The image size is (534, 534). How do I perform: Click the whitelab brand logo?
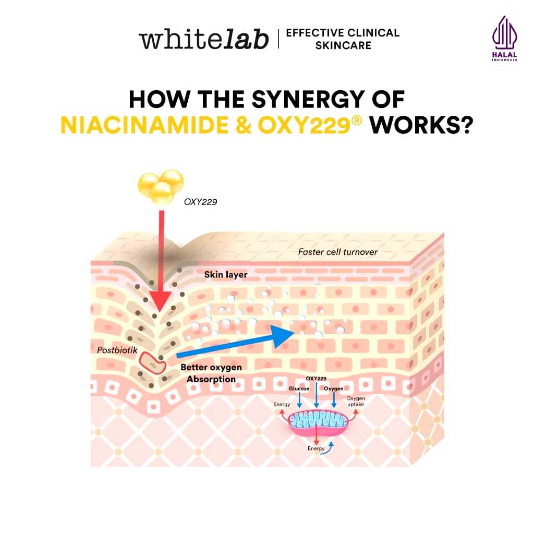click(x=204, y=39)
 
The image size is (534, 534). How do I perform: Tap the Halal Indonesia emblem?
click(x=504, y=38)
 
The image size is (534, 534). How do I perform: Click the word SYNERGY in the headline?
click(x=308, y=100)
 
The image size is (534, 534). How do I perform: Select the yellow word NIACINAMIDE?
click(x=144, y=125)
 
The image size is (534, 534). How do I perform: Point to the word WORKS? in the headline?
click(x=421, y=125)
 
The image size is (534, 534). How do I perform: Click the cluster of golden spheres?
click(x=161, y=187)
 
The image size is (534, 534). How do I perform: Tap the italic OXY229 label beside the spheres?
click(x=200, y=202)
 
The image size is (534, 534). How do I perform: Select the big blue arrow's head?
click(x=282, y=336)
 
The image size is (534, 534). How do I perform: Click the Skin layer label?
click(x=225, y=274)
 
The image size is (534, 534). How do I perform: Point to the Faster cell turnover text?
click(x=337, y=252)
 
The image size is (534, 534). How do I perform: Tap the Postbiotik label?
click(x=117, y=350)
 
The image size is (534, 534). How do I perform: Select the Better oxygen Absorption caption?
click(x=211, y=373)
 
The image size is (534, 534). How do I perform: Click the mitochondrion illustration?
click(x=318, y=423)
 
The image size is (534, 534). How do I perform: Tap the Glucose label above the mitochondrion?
click(x=299, y=389)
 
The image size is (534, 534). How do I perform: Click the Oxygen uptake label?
click(x=356, y=401)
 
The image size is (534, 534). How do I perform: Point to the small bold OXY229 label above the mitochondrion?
click(x=316, y=379)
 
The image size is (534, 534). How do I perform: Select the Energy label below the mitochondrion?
click(x=316, y=448)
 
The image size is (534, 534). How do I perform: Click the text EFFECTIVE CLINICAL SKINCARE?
click(x=343, y=39)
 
